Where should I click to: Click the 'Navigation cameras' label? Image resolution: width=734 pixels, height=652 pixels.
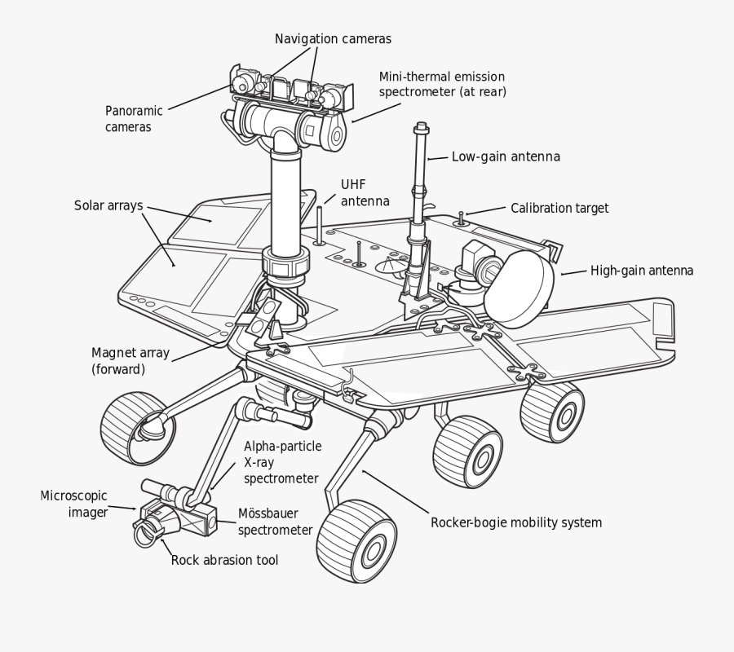pyautogui.click(x=333, y=38)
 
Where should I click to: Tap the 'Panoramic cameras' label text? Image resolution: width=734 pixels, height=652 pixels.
pyautogui.click(x=134, y=118)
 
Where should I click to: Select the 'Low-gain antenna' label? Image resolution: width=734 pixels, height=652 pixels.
pyautogui.click(x=506, y=156)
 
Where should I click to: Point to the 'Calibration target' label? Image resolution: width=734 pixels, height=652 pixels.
pyautogui.click(x=559, y=208)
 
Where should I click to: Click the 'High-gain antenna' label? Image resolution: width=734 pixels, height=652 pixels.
pyautogui.click(x=642, y=271)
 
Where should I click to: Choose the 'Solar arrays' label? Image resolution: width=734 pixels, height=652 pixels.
pyautogui.click(x=108, y=205)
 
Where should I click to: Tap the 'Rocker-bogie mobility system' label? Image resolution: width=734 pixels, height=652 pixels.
pyautogui.click(x=515, y=522)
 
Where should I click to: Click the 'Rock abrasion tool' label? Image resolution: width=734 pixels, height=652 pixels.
pyautogui.click(x=224, y=560)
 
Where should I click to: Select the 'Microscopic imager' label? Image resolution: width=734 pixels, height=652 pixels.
pyautogui.click(x=74, y=504)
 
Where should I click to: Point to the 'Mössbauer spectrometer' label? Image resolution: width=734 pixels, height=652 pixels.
pyautogui.click(x=275, y=522)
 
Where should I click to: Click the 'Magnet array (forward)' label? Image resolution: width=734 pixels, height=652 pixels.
pyautogui.click(x=130, y=360)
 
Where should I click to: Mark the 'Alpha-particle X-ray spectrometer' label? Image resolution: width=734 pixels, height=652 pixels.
pyautogui.click(x=282, y=462)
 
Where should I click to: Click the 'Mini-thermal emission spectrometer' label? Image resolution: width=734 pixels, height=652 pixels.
pyautogui.click(x=442, y=84)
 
